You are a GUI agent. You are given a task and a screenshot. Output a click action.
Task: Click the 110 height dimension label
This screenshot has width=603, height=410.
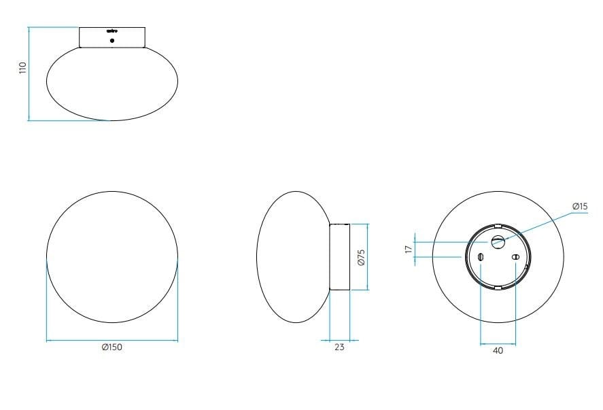(x=22, y=67)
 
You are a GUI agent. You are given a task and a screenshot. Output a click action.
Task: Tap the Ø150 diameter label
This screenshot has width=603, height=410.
(x=111, y=347)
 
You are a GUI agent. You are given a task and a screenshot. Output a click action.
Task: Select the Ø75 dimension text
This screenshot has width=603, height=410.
(x=362, y=256)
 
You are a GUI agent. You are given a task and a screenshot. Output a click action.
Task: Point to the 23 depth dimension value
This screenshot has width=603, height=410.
(x=340, y=347)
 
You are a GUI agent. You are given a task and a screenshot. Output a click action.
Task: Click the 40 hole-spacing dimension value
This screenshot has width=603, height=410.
(x=498, y=351)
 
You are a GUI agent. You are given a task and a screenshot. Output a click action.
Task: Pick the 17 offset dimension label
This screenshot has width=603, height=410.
(x=408, y=250)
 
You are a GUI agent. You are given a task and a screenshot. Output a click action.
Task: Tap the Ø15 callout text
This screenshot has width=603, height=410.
(x=579, y=205)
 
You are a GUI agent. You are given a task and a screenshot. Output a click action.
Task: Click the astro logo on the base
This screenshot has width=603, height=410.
(x=111, y=31)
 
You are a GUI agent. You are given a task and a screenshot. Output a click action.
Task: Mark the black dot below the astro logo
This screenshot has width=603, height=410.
(x=112, y=40)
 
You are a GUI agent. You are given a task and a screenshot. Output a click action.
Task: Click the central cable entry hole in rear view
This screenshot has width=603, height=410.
(x=498, y=240)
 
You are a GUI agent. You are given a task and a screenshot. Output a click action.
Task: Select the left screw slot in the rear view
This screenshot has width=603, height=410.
(x=481, y=257)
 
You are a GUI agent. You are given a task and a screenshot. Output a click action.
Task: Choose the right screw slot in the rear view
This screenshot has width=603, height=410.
(x=515, y=257)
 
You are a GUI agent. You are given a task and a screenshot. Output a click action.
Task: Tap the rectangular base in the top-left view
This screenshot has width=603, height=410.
(x=112, y=37)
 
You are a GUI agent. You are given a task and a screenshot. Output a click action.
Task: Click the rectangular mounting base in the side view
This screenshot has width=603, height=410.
(x=339, y=257)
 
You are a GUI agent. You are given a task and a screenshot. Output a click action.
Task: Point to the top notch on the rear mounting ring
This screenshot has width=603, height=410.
(x=498, y=225)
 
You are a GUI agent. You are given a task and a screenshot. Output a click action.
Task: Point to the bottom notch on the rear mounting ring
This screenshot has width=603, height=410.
(x=498, y=288)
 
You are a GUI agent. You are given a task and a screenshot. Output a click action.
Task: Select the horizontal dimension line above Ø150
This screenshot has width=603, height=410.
(x=112, y=339)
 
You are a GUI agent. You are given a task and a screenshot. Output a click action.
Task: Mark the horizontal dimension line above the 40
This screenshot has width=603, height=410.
(x=498, y=343)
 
